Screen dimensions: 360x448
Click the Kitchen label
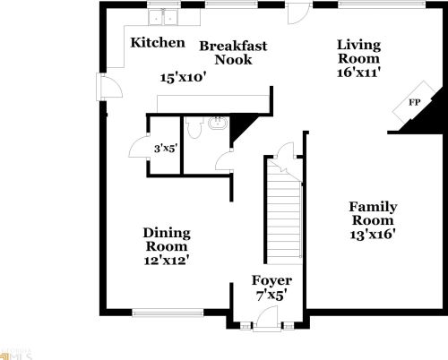[x=158, y=42]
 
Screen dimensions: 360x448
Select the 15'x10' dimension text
[x=183, y=77]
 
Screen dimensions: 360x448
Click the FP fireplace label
[x=414, y=102]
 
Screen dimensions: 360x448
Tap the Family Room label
[x=373, y=213]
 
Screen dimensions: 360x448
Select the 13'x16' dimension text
[x=373, y=234]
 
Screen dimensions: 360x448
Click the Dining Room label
[x=166, y=239]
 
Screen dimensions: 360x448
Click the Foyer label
[x=272, y=280]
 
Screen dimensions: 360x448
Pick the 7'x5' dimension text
[x=272, y=295]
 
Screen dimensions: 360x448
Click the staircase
[x=283, y=210]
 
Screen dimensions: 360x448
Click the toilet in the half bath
[x=216, y=125]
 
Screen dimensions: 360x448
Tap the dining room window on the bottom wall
[x=158, y=313]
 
